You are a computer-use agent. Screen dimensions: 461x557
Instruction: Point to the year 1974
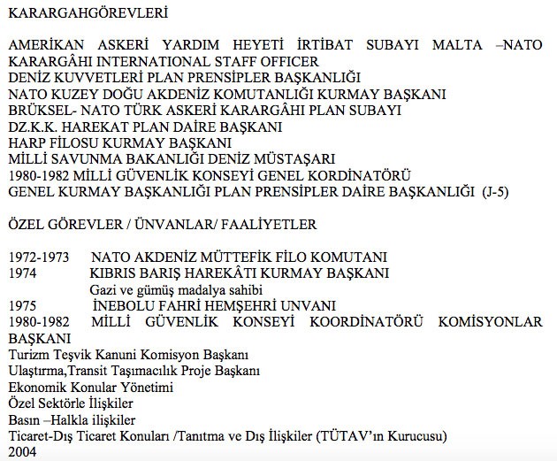pos(22,273)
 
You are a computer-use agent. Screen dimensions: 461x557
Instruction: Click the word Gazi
pos(103,289)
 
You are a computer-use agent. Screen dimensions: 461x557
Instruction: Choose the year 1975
pos(22,305)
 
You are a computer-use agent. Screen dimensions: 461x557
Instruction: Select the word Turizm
pos(27,354)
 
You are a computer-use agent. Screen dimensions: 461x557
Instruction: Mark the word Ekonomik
pos(35,387)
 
